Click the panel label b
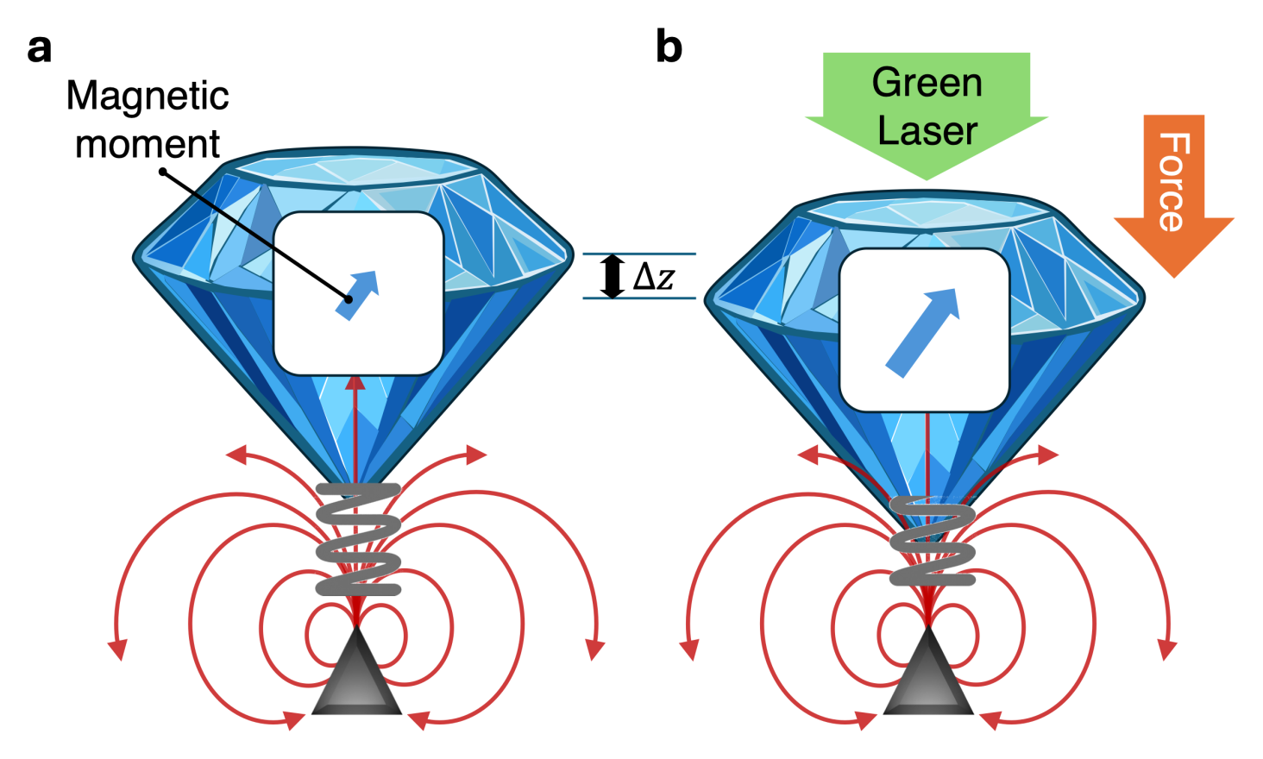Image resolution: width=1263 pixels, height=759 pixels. point(669,47)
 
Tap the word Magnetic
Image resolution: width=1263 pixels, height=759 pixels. point(148,97)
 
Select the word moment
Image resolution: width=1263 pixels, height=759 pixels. point(148,144)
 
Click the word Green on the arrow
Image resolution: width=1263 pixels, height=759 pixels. point(927,82)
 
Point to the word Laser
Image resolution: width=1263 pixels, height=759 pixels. point(927,131)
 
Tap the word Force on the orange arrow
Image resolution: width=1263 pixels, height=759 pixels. point(1174,182)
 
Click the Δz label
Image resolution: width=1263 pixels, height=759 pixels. point(653,276)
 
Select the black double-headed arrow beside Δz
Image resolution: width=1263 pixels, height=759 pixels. point(613,276)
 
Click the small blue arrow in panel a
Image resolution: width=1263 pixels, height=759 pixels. point(357,295)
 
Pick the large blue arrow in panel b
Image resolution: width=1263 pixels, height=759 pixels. point(923,333)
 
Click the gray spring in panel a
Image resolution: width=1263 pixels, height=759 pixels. point(358,539)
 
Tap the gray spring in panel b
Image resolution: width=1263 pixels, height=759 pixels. point(932,540)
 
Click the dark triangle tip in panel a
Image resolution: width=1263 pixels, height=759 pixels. point(357,627)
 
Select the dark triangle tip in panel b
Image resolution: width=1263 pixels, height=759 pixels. point(928,627)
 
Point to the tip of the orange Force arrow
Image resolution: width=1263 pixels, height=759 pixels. point(1174,278)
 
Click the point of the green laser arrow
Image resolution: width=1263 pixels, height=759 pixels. point(927,180)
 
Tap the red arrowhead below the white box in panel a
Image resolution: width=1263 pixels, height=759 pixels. point(355,383)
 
